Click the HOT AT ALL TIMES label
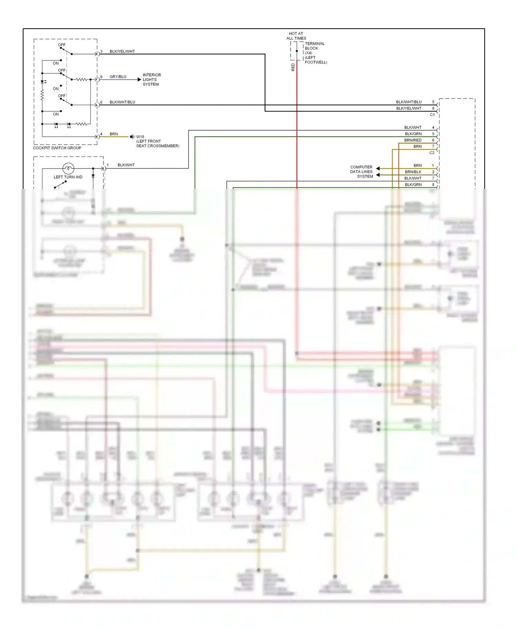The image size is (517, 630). (x=296, y=36)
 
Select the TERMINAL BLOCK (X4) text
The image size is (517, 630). (x=314, y=48)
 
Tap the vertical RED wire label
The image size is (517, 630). (x=293, y=67)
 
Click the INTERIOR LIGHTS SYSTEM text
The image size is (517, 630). (x=152, y=80)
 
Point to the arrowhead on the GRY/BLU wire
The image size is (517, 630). (x=139, y=80)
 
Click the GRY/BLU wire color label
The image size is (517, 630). (x=118, y=77)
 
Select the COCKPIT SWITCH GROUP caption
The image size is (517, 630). (x=57, y=148)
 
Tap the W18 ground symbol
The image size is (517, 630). (x=132, y=137)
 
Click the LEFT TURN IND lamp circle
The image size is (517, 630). (x=68, y=169)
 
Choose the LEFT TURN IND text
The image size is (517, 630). (x=68, y=177)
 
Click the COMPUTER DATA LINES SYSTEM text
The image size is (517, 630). (x=362, y=172)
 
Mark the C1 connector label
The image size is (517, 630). (x=432, y=115)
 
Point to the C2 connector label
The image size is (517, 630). (x=432, y=153)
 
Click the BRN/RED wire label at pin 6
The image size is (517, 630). (x=413, y=140)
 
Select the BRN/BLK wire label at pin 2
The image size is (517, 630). (x=413, y=172)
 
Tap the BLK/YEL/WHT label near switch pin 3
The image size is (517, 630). (x=122, y=51)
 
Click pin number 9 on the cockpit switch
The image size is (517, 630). (x=101, y=77)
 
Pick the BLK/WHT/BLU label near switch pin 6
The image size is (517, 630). (x=122, y=102)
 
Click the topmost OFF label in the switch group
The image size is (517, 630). (x=62, y=45)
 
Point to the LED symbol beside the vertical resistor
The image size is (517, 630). (x=43, y=82)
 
